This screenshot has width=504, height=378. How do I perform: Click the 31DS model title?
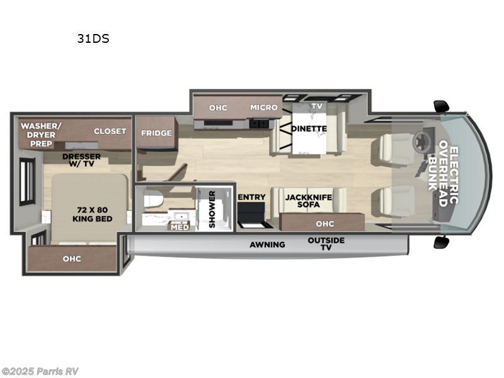click(x=93, y=38)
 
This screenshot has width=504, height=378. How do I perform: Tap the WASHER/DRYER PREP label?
click(x=40, y=134)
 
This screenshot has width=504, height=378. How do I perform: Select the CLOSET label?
click(x=110, y=131)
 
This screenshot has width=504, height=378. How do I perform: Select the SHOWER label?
click(x=212, y=209)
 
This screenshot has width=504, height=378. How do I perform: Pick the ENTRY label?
click(x=251, y=197)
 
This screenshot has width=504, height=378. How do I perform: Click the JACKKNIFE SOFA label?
click(x=309, y=201)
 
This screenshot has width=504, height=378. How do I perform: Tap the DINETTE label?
click(x=309, y=129)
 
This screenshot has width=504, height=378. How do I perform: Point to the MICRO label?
click(x=264, y=107)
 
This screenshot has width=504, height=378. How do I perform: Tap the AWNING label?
click(x=267, y=244)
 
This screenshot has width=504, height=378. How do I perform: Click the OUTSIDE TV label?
click(x=326, y=244)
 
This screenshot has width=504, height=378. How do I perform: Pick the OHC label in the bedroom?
click(x=71, y=258)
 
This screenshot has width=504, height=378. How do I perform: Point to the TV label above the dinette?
click(x=316, y=106)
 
